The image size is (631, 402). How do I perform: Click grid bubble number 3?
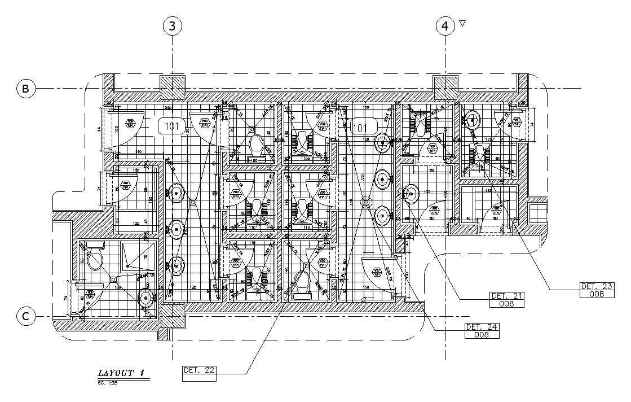[173, 26]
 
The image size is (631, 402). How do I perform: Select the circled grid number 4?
[445, 26]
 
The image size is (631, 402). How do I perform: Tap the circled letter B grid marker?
[25, 89]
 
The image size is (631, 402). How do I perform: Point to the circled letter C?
[25, 317]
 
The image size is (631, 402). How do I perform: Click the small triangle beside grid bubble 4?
[462, 23]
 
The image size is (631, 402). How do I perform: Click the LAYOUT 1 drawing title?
[121, 373]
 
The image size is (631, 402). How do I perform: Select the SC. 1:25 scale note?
[108, 383]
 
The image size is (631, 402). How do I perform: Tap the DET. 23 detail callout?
[597, 290]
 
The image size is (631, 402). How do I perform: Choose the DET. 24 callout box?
[483, 331]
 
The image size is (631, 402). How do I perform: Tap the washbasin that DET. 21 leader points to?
[411, 195]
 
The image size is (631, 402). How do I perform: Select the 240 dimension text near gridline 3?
[167, 107]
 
